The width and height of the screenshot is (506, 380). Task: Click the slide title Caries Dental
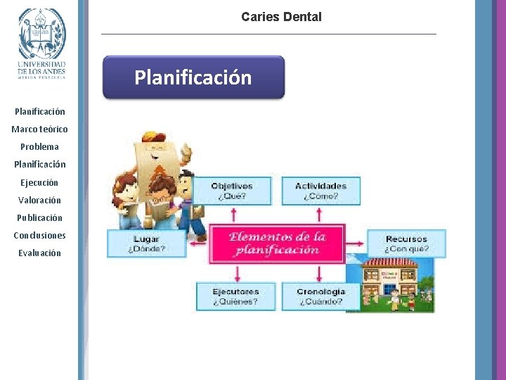point(281,16)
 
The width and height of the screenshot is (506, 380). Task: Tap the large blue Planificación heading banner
point(193,77)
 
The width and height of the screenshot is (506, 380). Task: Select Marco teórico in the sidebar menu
point(40,129)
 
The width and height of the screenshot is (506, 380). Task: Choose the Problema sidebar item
point(40,147)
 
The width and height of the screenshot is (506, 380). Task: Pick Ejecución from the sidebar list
point(40,182)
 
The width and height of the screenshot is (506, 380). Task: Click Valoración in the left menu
point(40,200)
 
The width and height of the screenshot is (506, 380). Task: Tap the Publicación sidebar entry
point(40,217)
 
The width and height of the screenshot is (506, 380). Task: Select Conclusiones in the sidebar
point(40,235)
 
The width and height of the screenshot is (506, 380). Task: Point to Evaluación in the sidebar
point(40,253)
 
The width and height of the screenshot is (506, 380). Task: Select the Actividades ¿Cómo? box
point(321,191)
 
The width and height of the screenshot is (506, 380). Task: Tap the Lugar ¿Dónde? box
point(146,243)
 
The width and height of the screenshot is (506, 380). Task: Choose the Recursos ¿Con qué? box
point(406,243)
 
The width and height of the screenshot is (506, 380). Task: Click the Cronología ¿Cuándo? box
point(320,296)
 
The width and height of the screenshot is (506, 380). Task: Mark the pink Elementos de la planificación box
point(277,243)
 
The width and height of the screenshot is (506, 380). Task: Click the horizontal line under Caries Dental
point(268,34)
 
